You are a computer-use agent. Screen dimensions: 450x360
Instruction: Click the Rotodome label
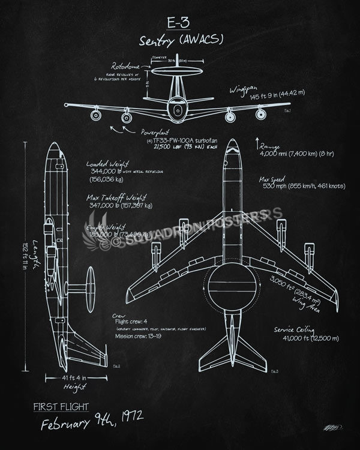point(125,67)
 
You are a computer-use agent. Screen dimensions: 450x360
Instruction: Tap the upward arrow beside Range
point(258,142)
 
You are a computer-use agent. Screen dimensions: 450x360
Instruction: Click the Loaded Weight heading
point(108,163)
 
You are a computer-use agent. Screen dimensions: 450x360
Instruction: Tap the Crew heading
point(119,314)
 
